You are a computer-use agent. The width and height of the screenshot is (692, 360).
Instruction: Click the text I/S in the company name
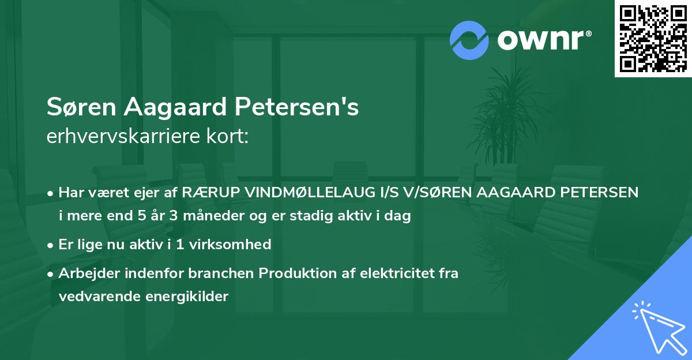[x=381, y=192]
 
